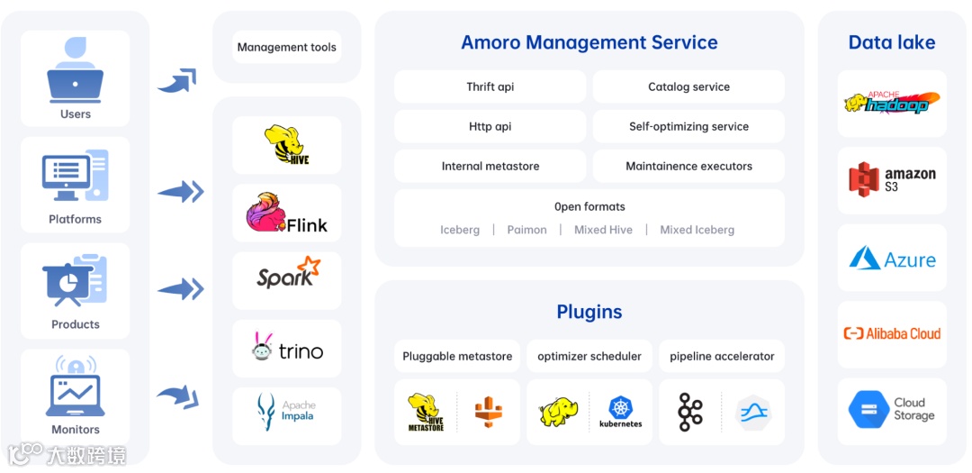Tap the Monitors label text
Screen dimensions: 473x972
click(76, 430)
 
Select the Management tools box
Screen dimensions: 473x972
click(286, 47)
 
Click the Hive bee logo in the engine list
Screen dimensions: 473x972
click(285, 145)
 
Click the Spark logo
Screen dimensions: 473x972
click(287, 274)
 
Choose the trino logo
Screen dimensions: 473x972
click(287, 350)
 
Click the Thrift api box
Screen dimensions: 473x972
click(490, 86)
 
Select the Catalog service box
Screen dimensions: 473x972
click(688, 86)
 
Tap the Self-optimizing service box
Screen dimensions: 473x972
click(688, 126)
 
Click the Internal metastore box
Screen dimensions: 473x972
click(490, 166)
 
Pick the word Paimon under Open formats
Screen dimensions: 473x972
click(526, 230)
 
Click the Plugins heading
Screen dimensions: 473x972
click(589, 312)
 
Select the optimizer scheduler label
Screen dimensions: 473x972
click(589, 356)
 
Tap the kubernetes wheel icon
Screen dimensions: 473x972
click(621, 407)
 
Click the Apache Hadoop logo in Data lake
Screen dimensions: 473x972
click(891, 103)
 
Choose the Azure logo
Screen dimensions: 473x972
click(891, 259)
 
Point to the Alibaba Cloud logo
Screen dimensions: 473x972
click(891, 333)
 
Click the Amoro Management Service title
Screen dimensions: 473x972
click(589, 42)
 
